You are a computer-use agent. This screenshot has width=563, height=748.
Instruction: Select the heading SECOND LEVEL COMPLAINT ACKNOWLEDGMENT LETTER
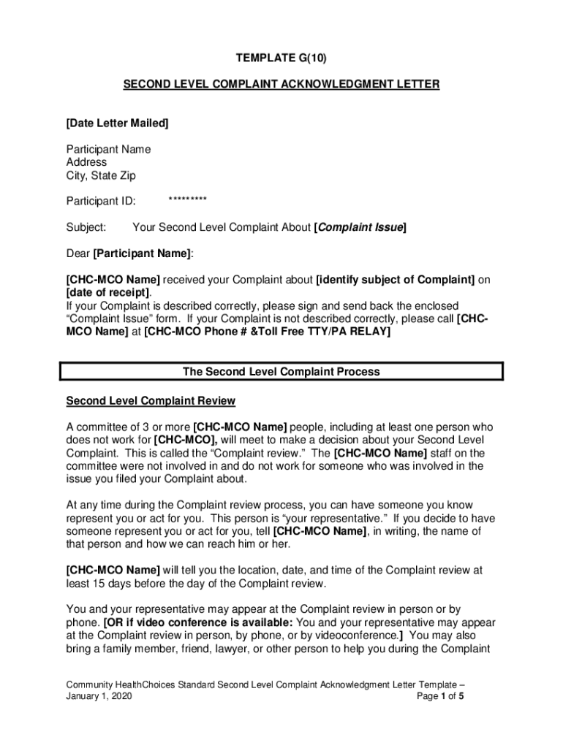281,85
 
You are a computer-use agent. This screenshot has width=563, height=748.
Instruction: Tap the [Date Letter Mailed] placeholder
117,123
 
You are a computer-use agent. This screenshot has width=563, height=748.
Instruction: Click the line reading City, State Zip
101,175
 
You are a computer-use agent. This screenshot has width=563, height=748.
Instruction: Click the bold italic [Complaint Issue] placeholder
360,227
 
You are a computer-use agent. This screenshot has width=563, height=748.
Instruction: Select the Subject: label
86,227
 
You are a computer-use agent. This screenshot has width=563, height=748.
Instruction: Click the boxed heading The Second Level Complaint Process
281,372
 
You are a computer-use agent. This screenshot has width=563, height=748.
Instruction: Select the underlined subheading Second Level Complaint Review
151,401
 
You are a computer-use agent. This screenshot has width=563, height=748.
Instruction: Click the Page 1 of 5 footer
440,697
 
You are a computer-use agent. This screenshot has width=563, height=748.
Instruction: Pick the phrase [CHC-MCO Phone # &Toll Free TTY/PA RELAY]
268,332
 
